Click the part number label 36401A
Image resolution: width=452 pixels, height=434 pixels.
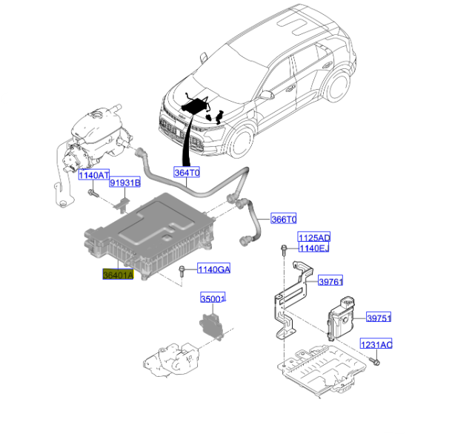(118, 274)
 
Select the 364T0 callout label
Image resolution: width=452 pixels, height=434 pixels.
(187, 172)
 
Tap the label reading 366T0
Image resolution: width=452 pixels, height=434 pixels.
(283, 220)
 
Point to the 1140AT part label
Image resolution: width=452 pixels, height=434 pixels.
(94, 176)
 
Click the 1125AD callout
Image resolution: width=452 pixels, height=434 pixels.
(313, 237)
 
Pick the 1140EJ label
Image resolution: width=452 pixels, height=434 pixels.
(313, 248)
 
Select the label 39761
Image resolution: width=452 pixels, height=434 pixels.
(331, 282)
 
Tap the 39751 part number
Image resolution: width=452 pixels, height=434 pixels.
(379, 318)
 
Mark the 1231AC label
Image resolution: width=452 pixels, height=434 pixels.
(376, 345)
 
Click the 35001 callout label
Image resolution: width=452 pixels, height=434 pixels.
(213, 299)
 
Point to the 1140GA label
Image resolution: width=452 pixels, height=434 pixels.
(213, 269)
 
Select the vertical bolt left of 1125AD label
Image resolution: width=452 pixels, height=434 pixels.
(285, 249)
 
